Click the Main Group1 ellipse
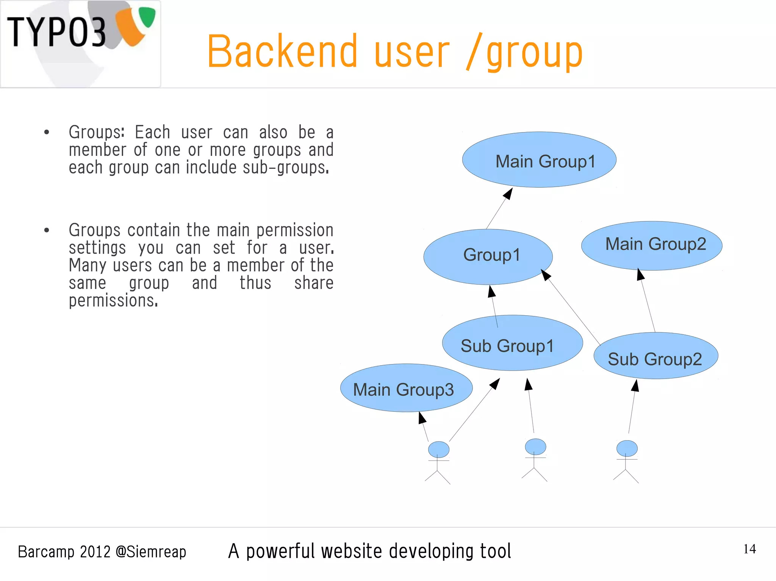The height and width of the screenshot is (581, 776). coord(539,160)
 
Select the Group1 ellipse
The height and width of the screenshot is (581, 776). coord(488,257)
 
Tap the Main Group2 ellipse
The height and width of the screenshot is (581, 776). coord(652,245)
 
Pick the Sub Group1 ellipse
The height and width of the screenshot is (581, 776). coord(512,343)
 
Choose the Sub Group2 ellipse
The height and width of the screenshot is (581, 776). coord(656,356)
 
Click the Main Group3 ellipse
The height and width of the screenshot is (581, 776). coord(406,388)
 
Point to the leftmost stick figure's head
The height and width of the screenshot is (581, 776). coord(438,449)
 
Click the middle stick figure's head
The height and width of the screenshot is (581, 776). coord(535,447)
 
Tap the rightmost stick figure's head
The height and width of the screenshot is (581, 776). coord(627,448)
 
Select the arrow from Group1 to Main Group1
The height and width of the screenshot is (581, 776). coord(499,209)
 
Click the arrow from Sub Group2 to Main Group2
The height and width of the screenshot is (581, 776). coord(648,301)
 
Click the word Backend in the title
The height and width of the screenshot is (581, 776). coord(282,52)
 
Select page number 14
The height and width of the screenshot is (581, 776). coord(749,549)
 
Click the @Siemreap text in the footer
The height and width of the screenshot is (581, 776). coord(150,552)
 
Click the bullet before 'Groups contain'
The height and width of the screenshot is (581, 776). coord(47,230)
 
